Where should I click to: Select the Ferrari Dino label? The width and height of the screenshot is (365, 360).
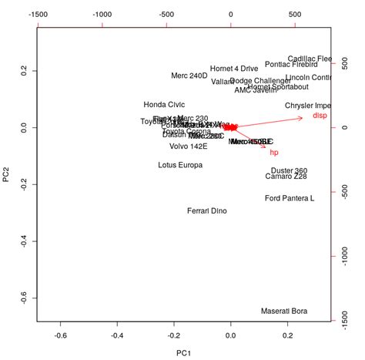(x=207, y=211)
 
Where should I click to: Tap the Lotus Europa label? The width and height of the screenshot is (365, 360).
(x=180, y=165)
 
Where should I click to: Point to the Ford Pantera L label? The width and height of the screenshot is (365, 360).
(x=290, y=198)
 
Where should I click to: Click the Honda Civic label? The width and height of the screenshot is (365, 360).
(x=164, y=105)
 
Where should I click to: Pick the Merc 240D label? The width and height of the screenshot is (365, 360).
(x=189, y=76)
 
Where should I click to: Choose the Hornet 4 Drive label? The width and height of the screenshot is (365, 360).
(x=234, y=68)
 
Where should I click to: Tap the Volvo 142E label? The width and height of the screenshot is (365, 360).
(x=189, y=146)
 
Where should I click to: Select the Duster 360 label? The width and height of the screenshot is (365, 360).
(x=290, y=170)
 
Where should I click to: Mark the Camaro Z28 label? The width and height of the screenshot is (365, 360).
(x=286, y=177)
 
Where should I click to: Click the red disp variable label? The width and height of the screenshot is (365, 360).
(x=320, y=116)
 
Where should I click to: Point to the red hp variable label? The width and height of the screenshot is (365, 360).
(x=274, y=153)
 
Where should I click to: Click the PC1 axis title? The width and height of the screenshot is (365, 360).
(x=182, y=353)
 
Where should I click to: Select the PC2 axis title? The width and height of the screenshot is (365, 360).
(x=7, y=178)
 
